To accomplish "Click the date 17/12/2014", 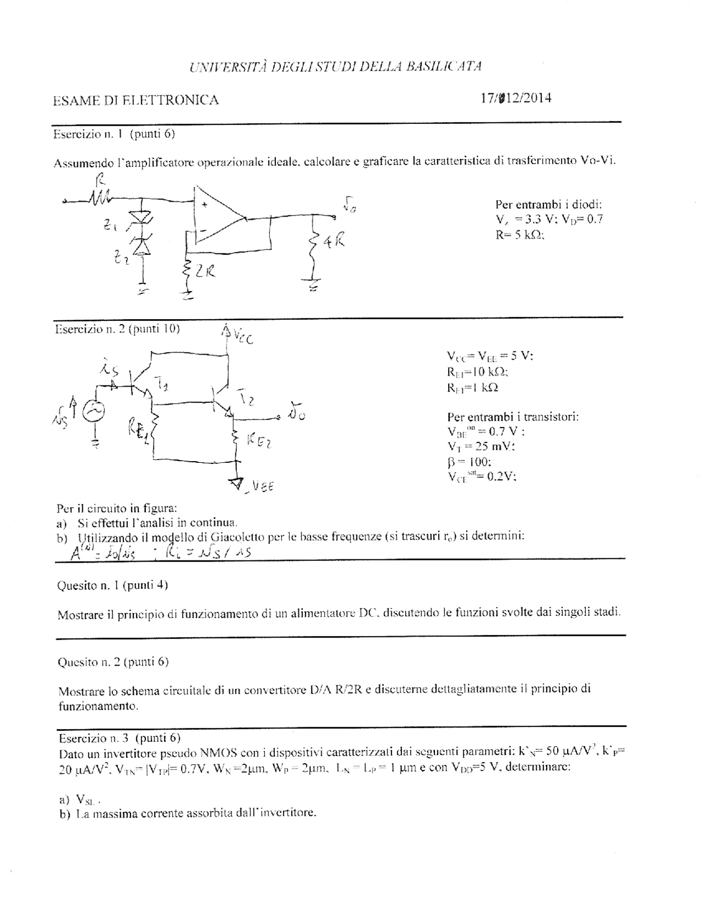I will (516, 98).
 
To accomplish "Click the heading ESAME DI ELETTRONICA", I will (135, 100).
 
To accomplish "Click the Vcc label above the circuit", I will (241, 336).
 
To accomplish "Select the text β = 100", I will (465, 462).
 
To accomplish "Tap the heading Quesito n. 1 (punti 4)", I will (112, 585).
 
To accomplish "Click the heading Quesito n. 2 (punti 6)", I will (112, 662).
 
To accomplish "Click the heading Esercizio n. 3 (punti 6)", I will (119, 738).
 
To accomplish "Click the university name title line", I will (336, 67).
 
